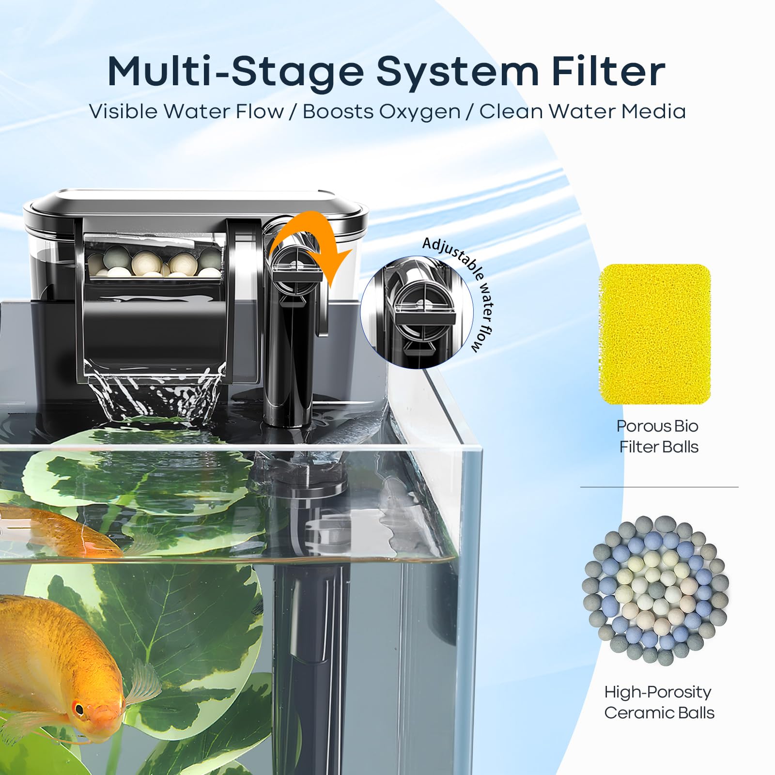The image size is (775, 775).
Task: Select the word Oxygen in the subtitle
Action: [x=419, y=112]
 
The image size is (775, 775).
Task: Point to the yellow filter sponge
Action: [x=654, y=334]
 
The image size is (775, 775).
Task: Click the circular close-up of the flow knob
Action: [x=417, y=312]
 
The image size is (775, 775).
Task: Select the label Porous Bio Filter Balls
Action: [x=658, y=436]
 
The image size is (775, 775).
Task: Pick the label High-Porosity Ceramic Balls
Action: [x=659, y=702]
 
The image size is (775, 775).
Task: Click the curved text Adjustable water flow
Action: [x=467, y=286]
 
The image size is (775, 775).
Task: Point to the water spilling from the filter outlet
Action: [x=155, y=392]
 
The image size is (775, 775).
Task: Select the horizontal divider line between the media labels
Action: [x=659, y=487]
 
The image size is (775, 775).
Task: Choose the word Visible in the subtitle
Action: [x=124, y=111]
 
